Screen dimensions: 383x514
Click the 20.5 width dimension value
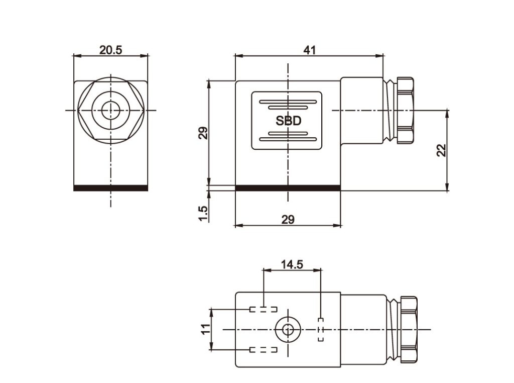(110, 50)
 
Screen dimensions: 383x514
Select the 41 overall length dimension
(309, 50)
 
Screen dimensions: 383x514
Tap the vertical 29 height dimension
(203, 133)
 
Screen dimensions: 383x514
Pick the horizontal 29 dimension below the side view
(288, 219)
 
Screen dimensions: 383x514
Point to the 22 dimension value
(441, 150)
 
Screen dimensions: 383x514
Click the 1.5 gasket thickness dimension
(203, 213)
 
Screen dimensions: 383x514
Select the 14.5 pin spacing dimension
(292, 264)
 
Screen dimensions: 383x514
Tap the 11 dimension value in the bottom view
(205, 329)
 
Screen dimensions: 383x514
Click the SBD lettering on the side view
(288, 121)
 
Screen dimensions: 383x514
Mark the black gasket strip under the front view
(111, 188)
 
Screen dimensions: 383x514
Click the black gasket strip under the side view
(288, 188)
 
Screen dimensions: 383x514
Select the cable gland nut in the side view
(405, 110)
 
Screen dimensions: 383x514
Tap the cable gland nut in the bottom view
(408, 329)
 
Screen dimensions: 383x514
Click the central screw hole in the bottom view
(288, 330)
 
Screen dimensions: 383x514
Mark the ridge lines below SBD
(288, 136)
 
